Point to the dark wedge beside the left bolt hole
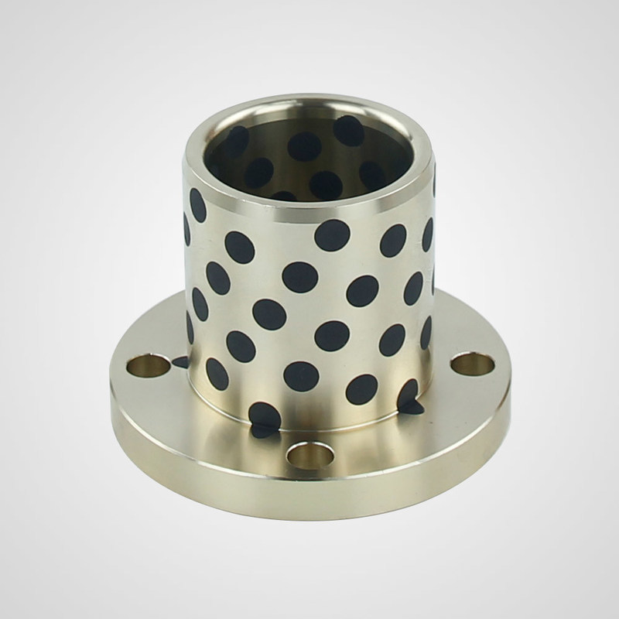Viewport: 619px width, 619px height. pyautogui.click(x=180, y=361)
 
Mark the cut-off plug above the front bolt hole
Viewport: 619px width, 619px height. pyautogui.click(x=264, y=418)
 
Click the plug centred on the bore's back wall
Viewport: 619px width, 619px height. pyautogui.click(x=306, y=145)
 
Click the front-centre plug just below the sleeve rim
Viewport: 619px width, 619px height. pyautogui.click(x=331, y=234)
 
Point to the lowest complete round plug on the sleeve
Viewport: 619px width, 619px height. pyautogui.click(x=361, y=388)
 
